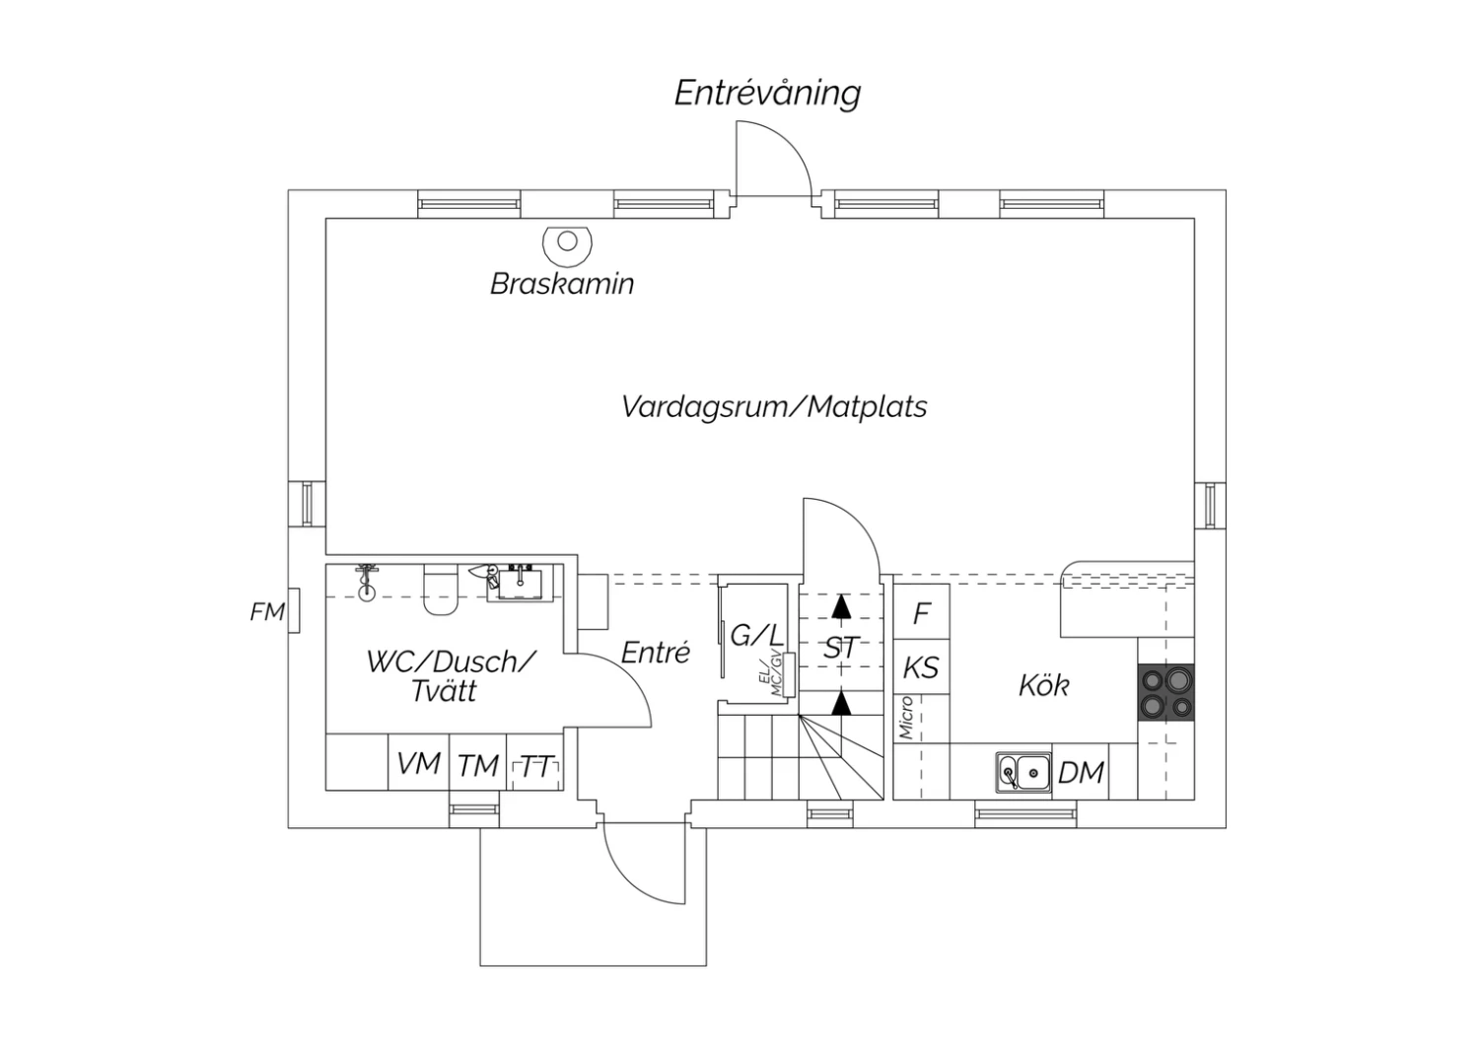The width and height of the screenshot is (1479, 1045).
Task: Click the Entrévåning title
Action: (x=767, y=95)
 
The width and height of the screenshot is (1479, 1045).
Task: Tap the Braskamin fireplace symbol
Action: (x=567, y=244)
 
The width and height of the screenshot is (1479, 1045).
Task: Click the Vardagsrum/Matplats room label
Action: (x=774, y=406)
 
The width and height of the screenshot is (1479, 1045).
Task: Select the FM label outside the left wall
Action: (x=267, y=612)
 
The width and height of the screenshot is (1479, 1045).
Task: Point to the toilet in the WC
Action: (x=441, y=590)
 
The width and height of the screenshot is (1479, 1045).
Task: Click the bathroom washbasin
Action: (x=519, y=585)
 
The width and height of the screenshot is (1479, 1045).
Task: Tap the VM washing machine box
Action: (x=419, y=762)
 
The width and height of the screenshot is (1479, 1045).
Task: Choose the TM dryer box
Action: (x=478, y=762)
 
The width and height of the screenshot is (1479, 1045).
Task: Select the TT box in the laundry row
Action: (x=534, y=762)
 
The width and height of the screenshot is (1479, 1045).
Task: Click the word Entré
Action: (x=656, y=653)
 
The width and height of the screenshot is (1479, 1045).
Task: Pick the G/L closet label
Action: (x=756, y=636)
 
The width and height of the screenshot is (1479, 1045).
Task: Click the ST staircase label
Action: (x=840, y=649)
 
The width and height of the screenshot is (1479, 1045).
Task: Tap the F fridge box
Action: (x=922, y=611)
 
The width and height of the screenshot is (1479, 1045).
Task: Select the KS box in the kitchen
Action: (x=922, y=666)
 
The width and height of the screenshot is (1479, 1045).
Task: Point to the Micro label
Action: (x=906, y=718)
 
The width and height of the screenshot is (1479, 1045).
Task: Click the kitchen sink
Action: (x=1024, y=771)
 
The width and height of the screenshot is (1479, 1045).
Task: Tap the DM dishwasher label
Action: (x=1081, y=772)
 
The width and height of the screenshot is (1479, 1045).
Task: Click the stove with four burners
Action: (x=1166, y=692)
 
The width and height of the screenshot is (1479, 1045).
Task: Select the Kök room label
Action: (x=1044, y=685)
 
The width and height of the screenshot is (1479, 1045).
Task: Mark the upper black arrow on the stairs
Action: (x=840, y=606)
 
